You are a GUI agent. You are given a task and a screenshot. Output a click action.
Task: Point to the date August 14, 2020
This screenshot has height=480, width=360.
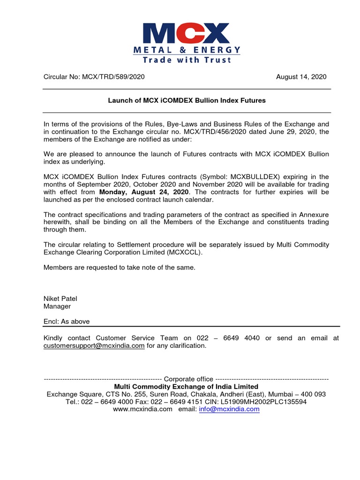click(301, 77)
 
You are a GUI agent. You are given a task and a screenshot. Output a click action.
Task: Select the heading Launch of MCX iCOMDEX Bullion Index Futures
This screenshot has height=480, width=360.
click(187, 100)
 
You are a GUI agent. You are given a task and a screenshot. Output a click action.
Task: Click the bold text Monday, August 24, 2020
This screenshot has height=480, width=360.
click(144, 192)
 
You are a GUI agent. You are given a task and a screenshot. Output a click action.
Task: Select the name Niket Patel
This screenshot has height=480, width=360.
click(61, 299)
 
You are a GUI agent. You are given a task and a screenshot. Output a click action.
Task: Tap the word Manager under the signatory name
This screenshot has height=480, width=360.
click(57, 306)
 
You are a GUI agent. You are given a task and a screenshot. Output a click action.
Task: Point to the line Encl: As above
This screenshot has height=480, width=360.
click(67, 322)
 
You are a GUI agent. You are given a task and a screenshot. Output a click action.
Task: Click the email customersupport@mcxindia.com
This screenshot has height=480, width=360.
click(94, 345)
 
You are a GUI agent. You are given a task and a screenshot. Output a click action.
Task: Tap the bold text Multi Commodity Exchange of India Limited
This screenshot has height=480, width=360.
click(187, 387)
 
